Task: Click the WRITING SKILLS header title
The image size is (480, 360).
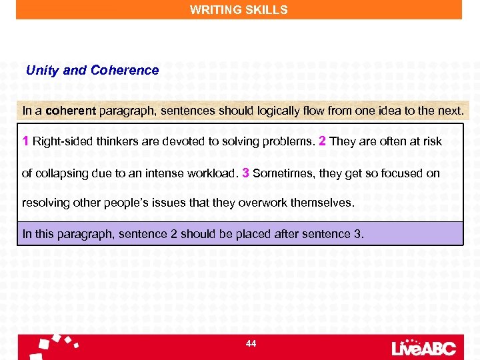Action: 239,10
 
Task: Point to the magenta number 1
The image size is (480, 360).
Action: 25,141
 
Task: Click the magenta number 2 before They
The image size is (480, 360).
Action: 323,141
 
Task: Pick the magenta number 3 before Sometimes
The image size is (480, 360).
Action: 246,173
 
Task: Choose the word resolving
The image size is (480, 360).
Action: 45,202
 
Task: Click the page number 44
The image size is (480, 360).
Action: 251,343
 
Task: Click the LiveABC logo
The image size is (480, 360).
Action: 425,347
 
